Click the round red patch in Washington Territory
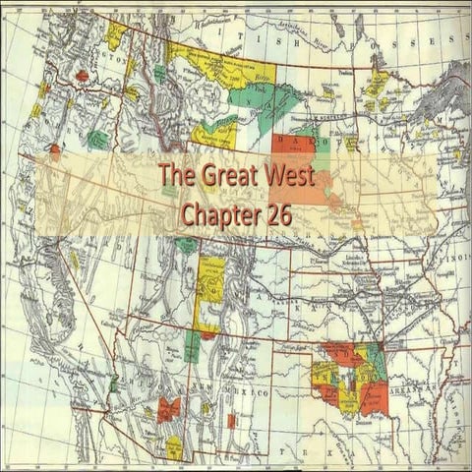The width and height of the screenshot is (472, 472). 83,75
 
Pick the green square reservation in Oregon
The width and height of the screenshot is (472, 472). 97,140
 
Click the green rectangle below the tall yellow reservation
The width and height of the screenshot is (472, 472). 193,345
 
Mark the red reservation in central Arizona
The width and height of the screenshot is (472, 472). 168,408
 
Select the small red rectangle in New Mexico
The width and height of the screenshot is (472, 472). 231,421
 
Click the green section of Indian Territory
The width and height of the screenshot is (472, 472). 373,364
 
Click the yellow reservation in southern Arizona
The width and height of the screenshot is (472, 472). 174,447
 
